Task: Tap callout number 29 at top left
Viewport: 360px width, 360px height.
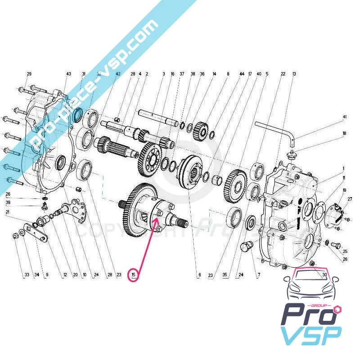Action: point(29,74)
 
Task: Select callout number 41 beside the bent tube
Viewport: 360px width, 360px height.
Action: point(345,117)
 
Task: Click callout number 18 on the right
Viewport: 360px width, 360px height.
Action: point(345,134)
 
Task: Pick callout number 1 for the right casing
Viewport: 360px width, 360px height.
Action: point(343,169)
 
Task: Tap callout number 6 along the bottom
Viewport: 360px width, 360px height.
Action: point(198,274)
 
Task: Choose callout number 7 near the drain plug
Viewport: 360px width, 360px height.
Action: point(259,274)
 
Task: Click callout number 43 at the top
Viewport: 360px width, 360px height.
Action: point(69,74)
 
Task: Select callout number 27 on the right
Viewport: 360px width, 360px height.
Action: point(350,199)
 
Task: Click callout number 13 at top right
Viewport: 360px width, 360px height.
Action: point(294,74)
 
